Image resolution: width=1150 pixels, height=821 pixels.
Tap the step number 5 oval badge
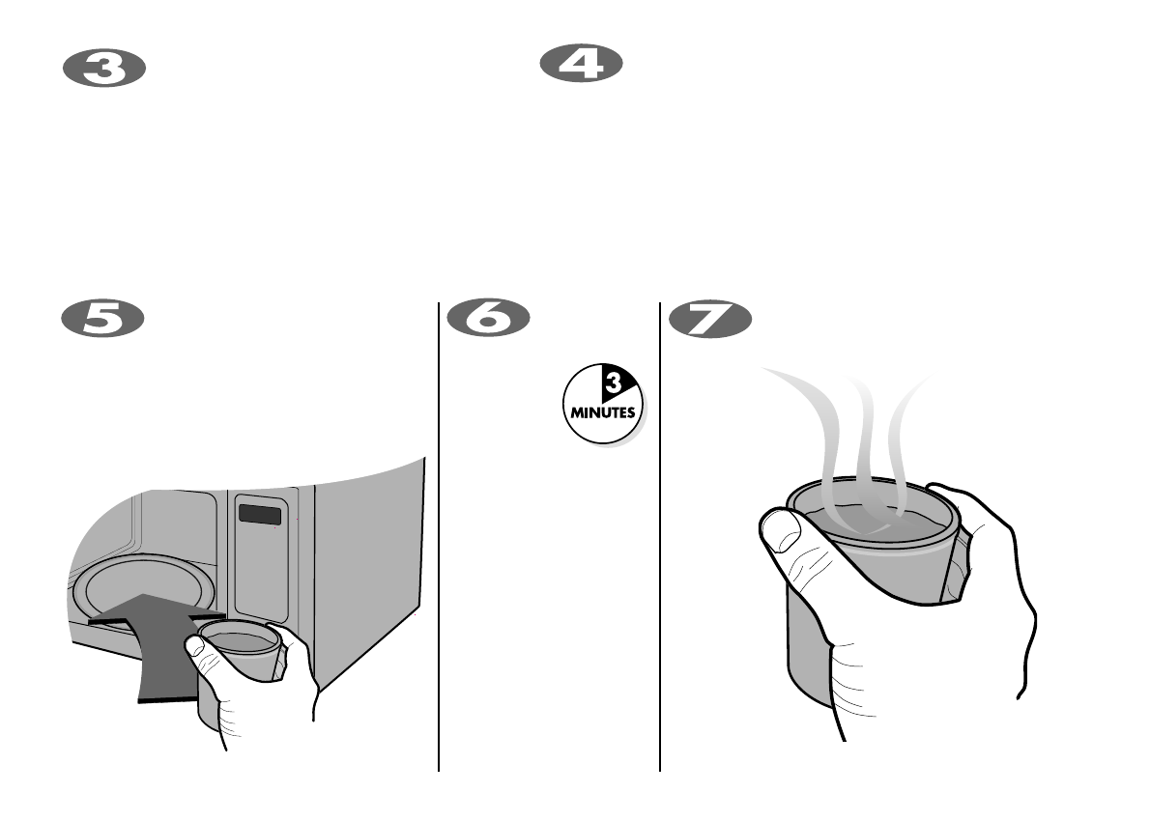click(103, 320)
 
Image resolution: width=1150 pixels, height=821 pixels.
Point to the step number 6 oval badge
click(488, 320)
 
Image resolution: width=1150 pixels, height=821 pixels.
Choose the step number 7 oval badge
click(709, 320)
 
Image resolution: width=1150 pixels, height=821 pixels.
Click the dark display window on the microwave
click(260, 514)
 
